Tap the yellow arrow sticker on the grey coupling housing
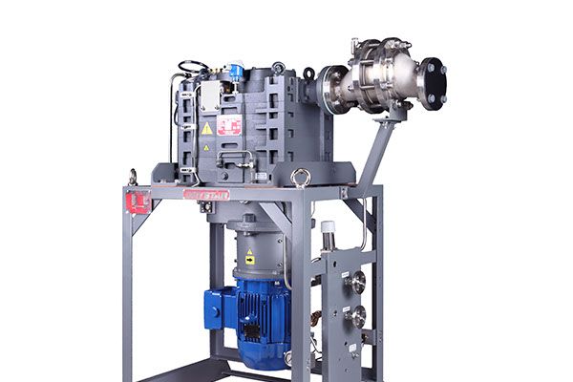pos(250,257)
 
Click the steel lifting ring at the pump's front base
pos(301,177)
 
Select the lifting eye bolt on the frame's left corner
pos(134,176)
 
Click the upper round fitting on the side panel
pos(357,282)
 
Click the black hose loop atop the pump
pos(192,67)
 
